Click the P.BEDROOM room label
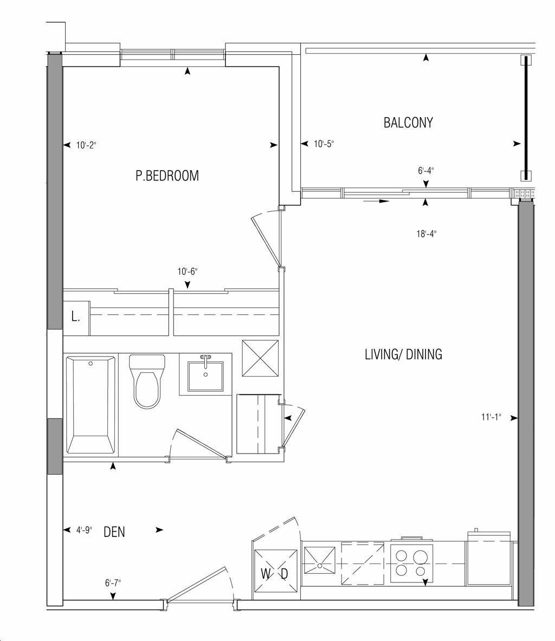[167, 176]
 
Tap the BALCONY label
[408, 122]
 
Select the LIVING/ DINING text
[403, 354]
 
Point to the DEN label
[114, 532]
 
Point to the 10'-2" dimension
[86, 145]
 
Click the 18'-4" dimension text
[427, 234]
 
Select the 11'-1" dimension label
[491, 417]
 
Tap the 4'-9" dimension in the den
[84, 530]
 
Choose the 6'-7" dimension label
[113, 582]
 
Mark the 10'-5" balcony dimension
[324, 144]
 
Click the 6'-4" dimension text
[426, 171]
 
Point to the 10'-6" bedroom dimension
[188, 271]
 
